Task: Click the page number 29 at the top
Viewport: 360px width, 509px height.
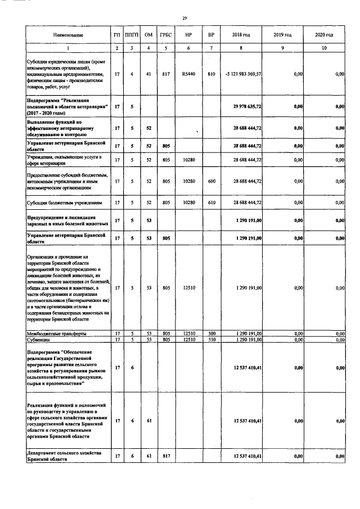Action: click(x=184, y=19)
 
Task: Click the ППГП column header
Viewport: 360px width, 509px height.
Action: click(x=133, y=35)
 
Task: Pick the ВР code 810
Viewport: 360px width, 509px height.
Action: click(x=211, y=74)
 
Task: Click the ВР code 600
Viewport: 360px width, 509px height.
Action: click(x=211, y=182)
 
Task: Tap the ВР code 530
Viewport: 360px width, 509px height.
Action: click(x=211, y=340)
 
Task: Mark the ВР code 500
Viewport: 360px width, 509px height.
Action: click(x=211, y=334)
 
